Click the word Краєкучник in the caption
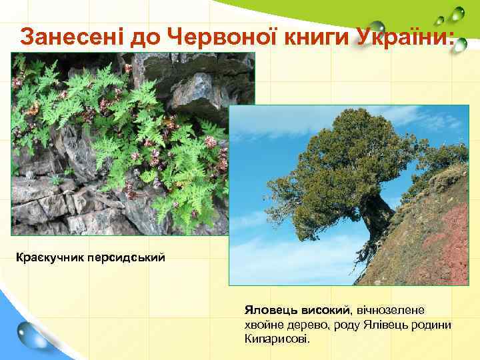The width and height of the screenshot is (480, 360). [47, 257]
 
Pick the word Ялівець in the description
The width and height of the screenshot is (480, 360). [380, 325]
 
